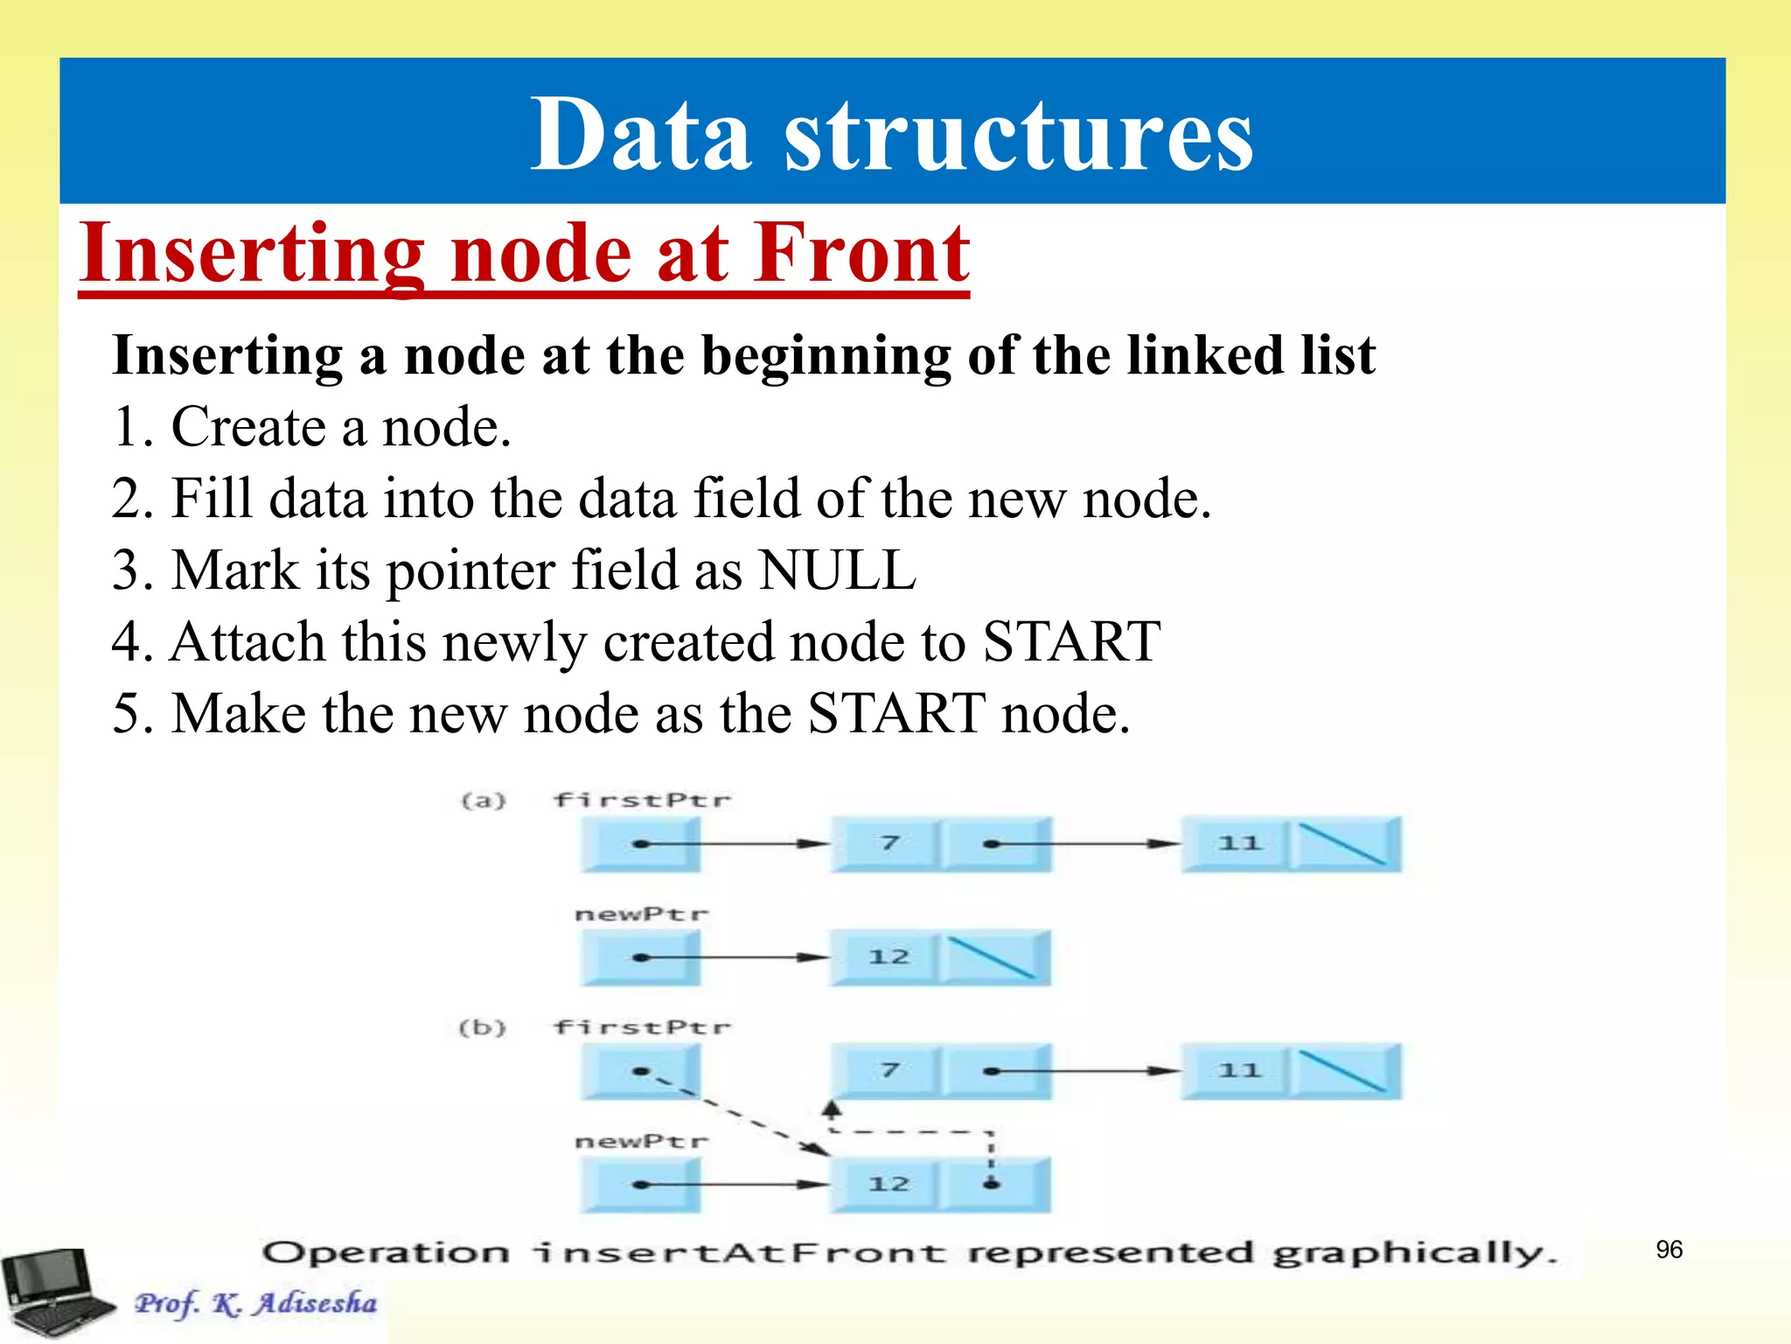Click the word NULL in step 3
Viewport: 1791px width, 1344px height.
pyautogui.click(x=837, y=570)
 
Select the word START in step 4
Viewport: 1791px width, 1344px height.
pyautogui.click(x=1071, y=642)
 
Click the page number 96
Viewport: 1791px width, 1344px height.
pyautogui.click(x=1669, y=1249)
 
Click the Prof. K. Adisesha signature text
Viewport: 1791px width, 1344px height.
pyautogui.click(x=255, y=1303)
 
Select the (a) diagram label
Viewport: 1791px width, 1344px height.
pyautogui.click(x=484, y=801)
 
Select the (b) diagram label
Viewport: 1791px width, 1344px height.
pyautogui.click(x=483, y=1027)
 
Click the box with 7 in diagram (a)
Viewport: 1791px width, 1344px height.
pyautogui.click(x=887, y=843)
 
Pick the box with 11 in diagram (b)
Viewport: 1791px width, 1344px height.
pyautogui.click(x=1237, y=1071)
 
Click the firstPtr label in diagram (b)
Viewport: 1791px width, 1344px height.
pyautogui.click(x=642, y=1027)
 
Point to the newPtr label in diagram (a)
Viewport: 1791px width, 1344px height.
pyautogui.click(x=642, y=914)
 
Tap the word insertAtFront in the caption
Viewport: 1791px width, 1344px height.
pyautogui.click(x=739, y=1253)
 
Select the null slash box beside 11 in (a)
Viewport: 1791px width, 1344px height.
pyautogui.click(x=1345, y=843)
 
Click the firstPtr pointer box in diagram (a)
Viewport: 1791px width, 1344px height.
pyautogui.click(x=641, y=844)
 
